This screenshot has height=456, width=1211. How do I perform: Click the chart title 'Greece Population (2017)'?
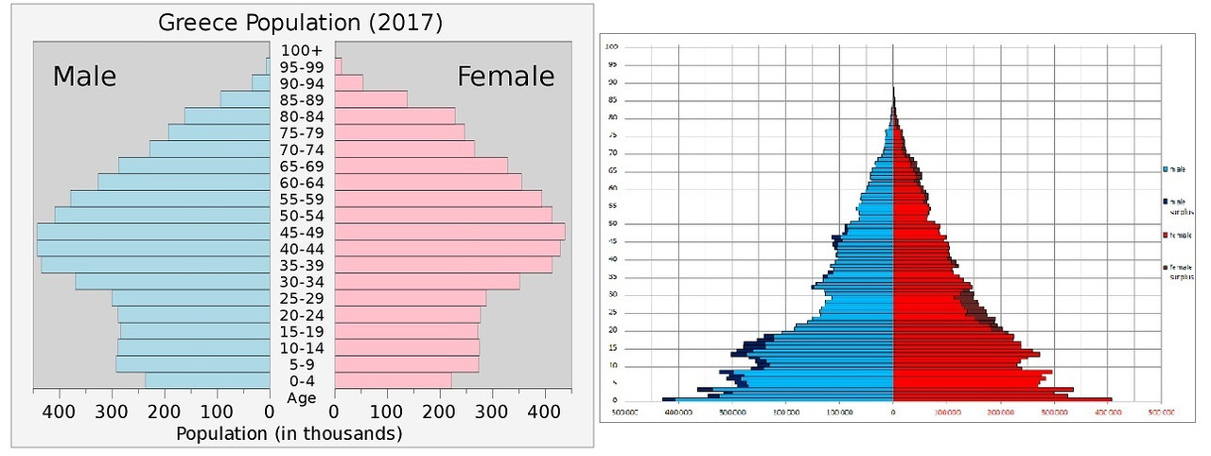coord(301,22)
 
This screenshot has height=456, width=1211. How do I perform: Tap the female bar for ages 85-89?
coord(370,99)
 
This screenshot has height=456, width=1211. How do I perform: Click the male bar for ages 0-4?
coord(207,380)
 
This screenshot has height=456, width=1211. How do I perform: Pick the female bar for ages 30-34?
coord(427,282)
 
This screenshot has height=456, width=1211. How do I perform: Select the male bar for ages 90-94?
coord(261,83)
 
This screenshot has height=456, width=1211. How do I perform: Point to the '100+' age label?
coord(302,50)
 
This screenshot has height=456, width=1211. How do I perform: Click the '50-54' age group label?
coord(302,216)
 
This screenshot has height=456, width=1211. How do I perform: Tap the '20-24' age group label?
coord(302,315)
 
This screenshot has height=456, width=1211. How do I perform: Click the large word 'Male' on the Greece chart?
coord(84,77)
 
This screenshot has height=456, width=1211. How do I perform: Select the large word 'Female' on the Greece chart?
coord(505,77)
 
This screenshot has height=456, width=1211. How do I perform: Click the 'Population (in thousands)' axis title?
coord(290,433)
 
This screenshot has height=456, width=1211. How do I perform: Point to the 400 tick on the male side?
coord(59,412)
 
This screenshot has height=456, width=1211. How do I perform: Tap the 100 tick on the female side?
coord(387,412)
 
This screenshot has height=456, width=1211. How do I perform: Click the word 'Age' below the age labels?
coord(302,398)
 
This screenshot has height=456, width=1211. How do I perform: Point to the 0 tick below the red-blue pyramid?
coord(893,412)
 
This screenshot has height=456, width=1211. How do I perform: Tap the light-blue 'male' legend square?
coord(1165,169)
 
